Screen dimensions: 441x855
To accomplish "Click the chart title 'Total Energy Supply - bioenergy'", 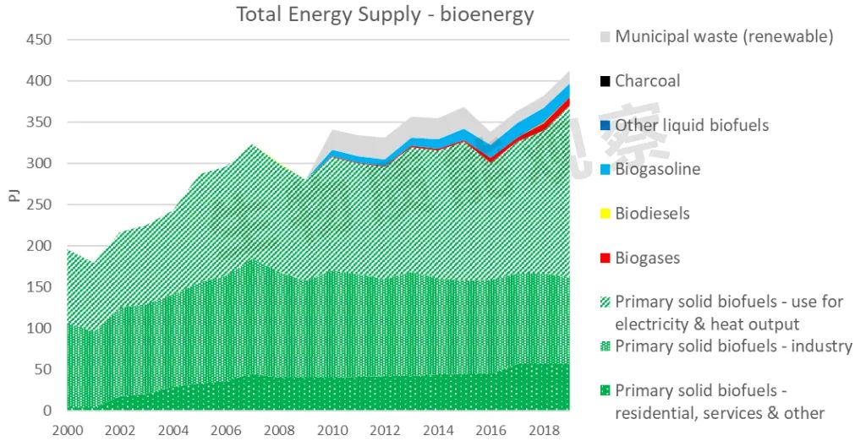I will click(x=385, y=14).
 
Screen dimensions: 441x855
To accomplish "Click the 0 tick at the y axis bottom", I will click(x=47, y=411).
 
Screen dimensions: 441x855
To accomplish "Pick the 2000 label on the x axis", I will click(x=68, y=429).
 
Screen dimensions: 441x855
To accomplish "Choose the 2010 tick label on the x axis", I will click(x=332, y=429).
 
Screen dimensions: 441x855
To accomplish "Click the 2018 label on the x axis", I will click(x=543, y=429).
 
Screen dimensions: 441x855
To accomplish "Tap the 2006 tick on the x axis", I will click(x=226, y=429).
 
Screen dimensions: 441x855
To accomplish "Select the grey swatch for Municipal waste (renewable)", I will click(x=605, y=37).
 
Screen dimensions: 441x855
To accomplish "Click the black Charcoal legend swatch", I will click(x=605, y=82).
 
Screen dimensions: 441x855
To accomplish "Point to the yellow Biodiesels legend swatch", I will click(x=605, y=214).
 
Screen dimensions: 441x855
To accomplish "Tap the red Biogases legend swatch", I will click(x=605, y=259).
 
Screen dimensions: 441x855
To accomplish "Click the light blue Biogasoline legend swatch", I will click(x=605, y=170).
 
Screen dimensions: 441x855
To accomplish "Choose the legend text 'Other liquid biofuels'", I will click(x=692, y=125).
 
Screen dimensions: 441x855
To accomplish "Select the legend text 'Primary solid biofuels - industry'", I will click(x=733, y=346).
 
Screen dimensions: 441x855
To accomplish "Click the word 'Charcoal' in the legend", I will click(x=647, y=81).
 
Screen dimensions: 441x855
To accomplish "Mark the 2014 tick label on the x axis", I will click(x=437, y=429).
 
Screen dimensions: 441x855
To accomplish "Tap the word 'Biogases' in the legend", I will click(x=647, y=258).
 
